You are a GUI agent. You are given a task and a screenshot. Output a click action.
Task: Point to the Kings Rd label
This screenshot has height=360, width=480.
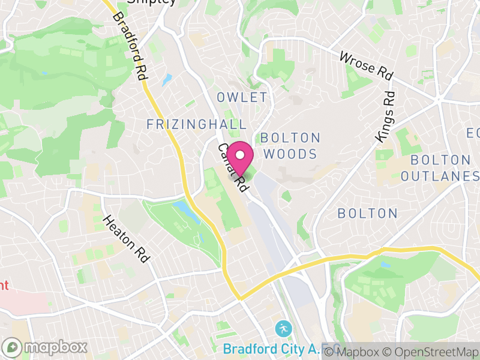tap(385, 116)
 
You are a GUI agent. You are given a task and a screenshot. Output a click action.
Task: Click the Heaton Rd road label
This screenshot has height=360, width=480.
tap(126, 239)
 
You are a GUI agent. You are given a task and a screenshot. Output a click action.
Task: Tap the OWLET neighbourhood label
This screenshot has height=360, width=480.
tap(242, 98)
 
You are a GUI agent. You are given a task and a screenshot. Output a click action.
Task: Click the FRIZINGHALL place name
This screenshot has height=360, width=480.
tap(197, 125)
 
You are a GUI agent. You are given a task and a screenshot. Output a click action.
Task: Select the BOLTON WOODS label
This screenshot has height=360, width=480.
tap(290, 146)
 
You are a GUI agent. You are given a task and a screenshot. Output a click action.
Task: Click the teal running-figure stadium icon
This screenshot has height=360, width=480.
tap(282, 329)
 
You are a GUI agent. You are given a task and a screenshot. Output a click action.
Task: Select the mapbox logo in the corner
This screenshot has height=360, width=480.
tap(46, 347)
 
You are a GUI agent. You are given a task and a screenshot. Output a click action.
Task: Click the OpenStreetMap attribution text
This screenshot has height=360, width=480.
tap(432, 352)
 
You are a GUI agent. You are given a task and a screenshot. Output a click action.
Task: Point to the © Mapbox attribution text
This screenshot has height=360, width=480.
tap(357, 352)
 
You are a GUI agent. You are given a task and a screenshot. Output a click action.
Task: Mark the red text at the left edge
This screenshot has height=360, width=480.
tap(4, 285)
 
